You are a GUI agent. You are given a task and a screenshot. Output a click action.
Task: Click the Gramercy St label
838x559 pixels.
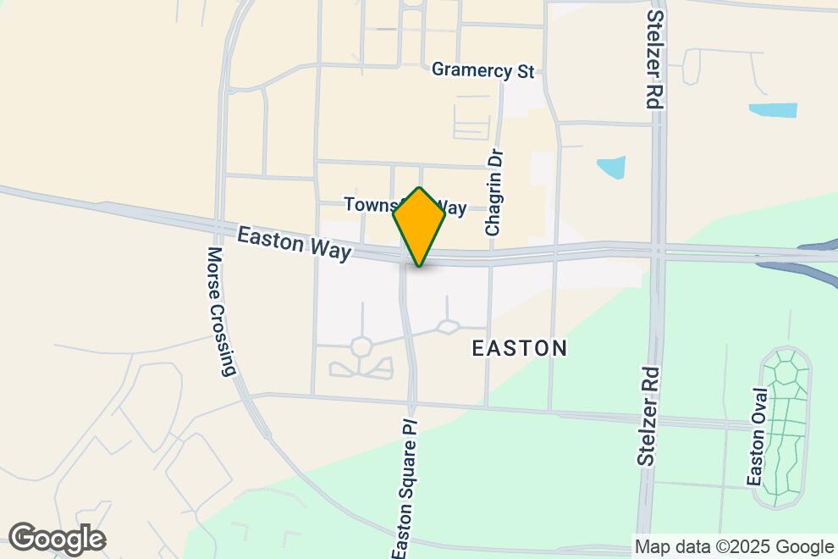(x=483, y=70)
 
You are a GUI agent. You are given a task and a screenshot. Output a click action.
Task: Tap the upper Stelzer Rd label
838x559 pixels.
(x=653, y=59)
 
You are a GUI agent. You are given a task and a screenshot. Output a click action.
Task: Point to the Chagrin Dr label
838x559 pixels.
(x=495, y=192)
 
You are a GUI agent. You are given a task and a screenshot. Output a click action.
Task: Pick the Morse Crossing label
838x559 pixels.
(x=219, y=311)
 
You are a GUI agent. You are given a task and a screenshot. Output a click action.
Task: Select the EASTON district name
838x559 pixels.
(x=518, y=348)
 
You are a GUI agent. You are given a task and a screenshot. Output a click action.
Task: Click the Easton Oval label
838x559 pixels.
(x=758, y=437)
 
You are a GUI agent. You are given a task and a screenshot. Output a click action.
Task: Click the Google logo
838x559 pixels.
(x=57, y=539)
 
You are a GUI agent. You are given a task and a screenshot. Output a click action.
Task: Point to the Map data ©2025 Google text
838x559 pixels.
(x=734, y=547)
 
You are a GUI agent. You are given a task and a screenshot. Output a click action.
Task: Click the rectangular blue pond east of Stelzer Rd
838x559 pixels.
(x=773, y=110)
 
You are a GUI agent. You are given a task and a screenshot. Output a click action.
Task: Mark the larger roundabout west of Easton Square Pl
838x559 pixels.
(x=362, y=346)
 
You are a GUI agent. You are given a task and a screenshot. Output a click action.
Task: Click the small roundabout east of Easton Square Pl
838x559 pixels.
(x=447, y=326)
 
